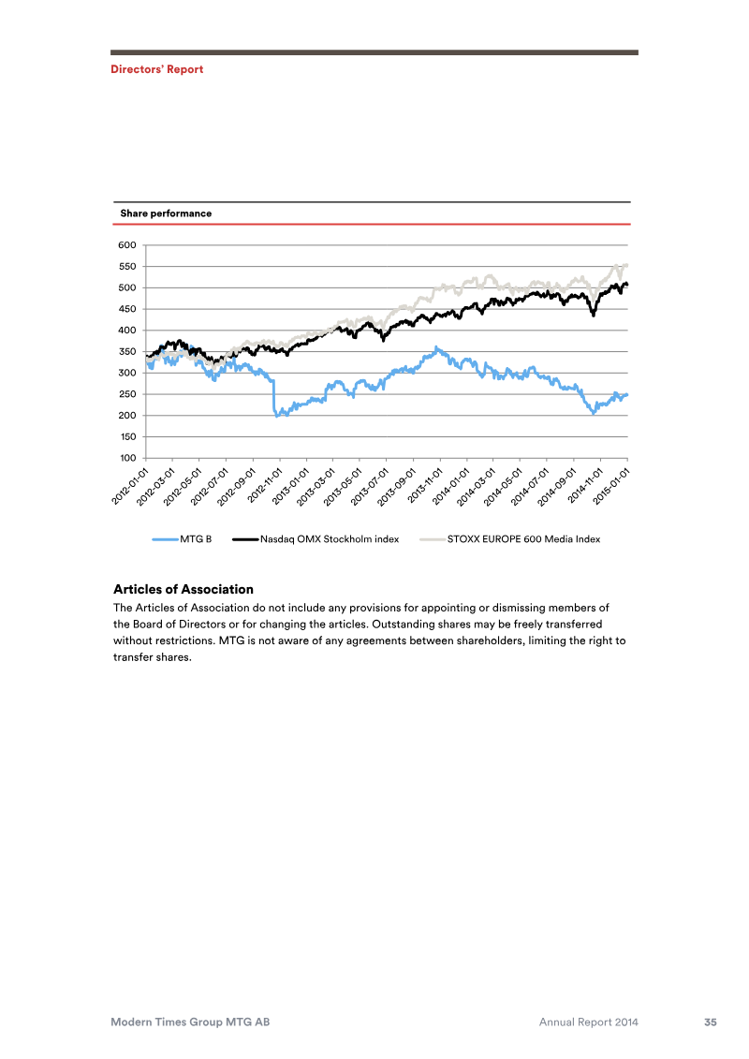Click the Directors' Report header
[156, 69]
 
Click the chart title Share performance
[166, 213]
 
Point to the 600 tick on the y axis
[127, 245]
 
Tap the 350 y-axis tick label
[127, 352]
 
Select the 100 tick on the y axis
[127, 458]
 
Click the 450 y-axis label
[127, 309]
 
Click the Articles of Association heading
[184, 589]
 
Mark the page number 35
[711, 1022]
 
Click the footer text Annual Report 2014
[589, 1022]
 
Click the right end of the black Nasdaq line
[626, 284]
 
